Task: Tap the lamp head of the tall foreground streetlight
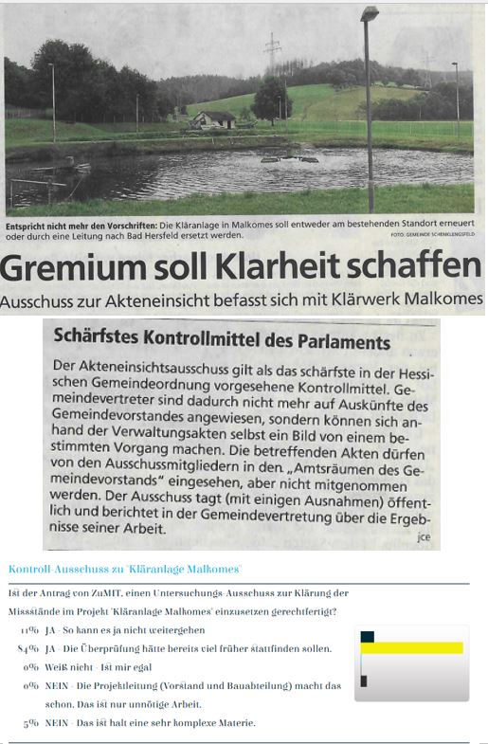(370, 15)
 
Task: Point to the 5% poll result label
(30, 724)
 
